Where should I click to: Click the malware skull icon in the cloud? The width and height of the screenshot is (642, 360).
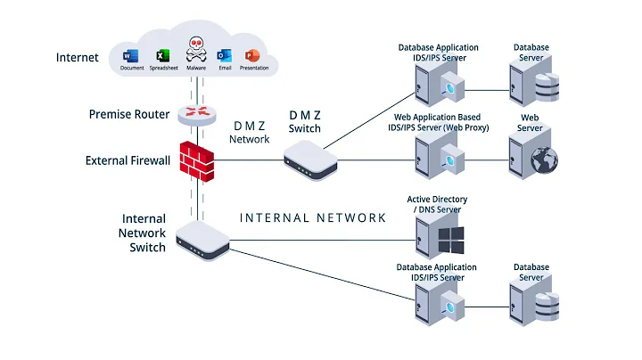(195, 49)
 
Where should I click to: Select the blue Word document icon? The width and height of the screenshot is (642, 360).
(132, 55)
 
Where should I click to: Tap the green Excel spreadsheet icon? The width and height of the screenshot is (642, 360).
(163, 55)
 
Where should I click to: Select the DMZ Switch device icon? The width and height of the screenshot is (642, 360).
(310, 161)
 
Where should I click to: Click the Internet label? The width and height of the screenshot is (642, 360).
(78, 58)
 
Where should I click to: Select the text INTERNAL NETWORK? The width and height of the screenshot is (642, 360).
(313, 217)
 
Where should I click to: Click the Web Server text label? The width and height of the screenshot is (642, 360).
(531, 123)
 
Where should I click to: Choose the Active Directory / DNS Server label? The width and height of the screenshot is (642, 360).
(437, 205)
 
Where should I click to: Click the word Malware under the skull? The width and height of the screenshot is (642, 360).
(195, 68)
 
